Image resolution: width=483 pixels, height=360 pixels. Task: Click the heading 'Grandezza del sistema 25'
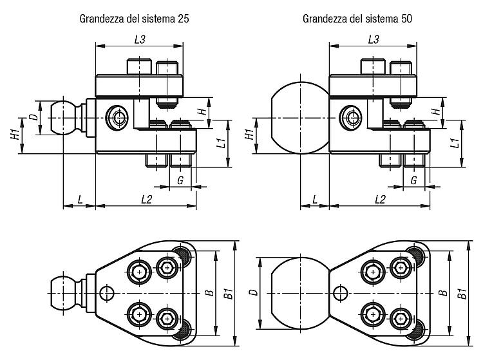tap(134, 19)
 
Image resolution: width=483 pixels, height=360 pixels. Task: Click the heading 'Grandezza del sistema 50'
tap(357, 19)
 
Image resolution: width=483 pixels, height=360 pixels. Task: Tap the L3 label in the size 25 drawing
tap(140, 39)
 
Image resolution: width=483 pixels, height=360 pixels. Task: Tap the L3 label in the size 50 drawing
tap(374, 39)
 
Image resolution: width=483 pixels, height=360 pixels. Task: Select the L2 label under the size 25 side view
tap(147, 200)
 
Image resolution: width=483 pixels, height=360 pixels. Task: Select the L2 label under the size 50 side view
tap(380, 200)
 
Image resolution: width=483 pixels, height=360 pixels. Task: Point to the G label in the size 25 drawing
tap(180, 180)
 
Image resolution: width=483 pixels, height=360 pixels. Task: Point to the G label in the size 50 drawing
tap(414, 180)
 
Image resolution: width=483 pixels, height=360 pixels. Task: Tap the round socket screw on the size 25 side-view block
tap(117, 117)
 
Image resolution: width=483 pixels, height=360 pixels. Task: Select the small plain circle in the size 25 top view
tap(107, 293)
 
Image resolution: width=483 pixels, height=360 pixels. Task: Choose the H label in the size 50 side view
tap(436, 111)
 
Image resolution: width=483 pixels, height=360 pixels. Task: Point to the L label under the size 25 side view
tap(80, 200)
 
